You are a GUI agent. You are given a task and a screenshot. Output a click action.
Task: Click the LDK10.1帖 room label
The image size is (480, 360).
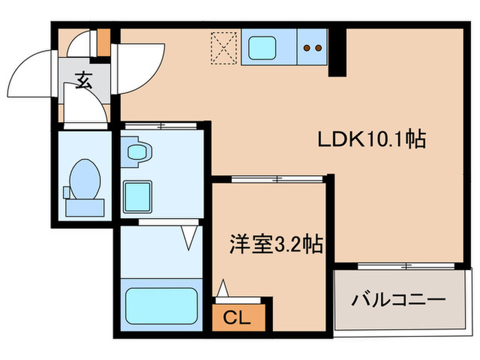click(x=372, y=140)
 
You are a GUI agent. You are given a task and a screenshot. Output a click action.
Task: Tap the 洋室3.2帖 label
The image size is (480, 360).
click(x=276, y=243)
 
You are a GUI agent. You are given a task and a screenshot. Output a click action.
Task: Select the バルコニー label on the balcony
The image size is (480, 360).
click(x=399, y=300)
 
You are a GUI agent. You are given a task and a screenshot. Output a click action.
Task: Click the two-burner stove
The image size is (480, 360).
click(x=313, y=48)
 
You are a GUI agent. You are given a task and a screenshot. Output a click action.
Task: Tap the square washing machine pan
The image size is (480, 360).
click(x=138, y=196)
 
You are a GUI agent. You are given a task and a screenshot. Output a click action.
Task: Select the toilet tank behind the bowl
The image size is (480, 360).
click(x=84, y=205)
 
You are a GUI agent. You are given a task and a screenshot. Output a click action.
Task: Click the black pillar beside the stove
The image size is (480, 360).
click(x=337, y=52)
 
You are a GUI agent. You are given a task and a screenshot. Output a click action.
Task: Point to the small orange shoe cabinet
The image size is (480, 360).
click(x=103, y=41)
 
